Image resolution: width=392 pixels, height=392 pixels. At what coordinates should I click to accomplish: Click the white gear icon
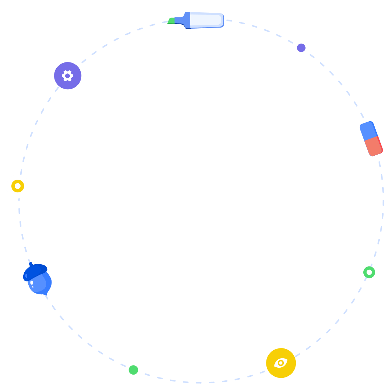(68, 76)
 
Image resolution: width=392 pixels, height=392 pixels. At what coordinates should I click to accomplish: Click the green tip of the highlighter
(171, 21)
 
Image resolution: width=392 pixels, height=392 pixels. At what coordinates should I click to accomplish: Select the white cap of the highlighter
(206, 20)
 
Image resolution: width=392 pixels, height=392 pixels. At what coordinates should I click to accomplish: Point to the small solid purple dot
(301, 48)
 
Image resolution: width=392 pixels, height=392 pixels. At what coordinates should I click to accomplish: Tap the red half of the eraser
(374, 146)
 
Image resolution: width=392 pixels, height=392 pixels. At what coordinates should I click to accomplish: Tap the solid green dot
(133, 370)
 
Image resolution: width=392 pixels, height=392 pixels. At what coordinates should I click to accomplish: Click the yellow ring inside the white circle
(13, 186)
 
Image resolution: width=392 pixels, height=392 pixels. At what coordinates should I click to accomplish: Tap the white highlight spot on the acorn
(32, 282)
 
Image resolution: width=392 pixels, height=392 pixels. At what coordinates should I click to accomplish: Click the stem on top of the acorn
(30, 264)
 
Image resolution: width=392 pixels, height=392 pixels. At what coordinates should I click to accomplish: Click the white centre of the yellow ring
(18, 186)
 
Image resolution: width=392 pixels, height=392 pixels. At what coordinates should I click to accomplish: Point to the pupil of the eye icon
(281, 363)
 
